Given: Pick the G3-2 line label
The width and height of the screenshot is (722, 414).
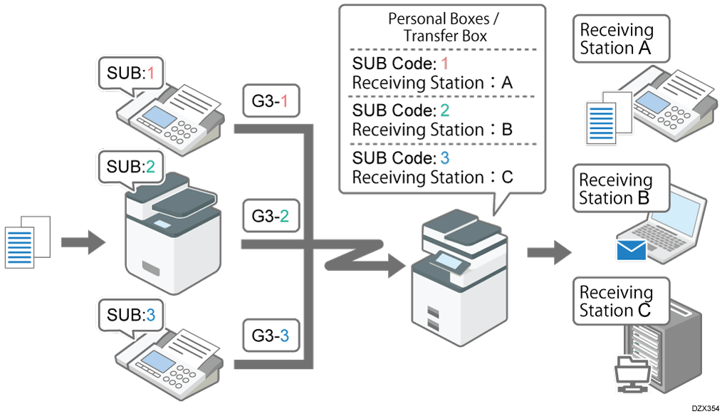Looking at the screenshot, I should click(x=270, y=216).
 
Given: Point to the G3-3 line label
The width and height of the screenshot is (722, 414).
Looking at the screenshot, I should click(x=270, y=333).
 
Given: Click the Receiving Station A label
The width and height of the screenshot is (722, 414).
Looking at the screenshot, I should click(x=617, y=39).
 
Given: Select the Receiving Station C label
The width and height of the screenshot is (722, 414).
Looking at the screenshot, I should click(x=617, y=301).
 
